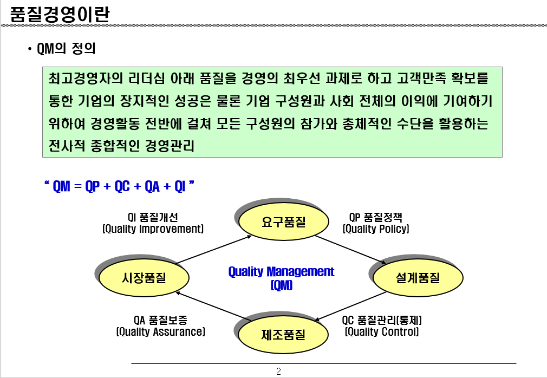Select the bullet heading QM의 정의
tap(66, 49)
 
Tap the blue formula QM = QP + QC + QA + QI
tap(119, 186)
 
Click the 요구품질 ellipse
tap(284, 221)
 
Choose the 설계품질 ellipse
tap(418, 277)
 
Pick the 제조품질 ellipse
tap(284, 334)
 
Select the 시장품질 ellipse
tap(144, 278)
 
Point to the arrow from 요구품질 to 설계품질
tap(351, 250)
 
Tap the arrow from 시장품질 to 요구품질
tap(214, 250)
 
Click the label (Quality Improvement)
tap(153, 229)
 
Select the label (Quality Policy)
tap(376, 229)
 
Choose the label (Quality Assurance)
tap(160, 332)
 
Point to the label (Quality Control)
tap(382, 332)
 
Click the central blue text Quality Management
tap(281, 271)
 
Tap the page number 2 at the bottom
tap(278, 372)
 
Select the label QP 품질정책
tap(376, 218)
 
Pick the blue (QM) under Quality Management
tap(281, 285)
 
